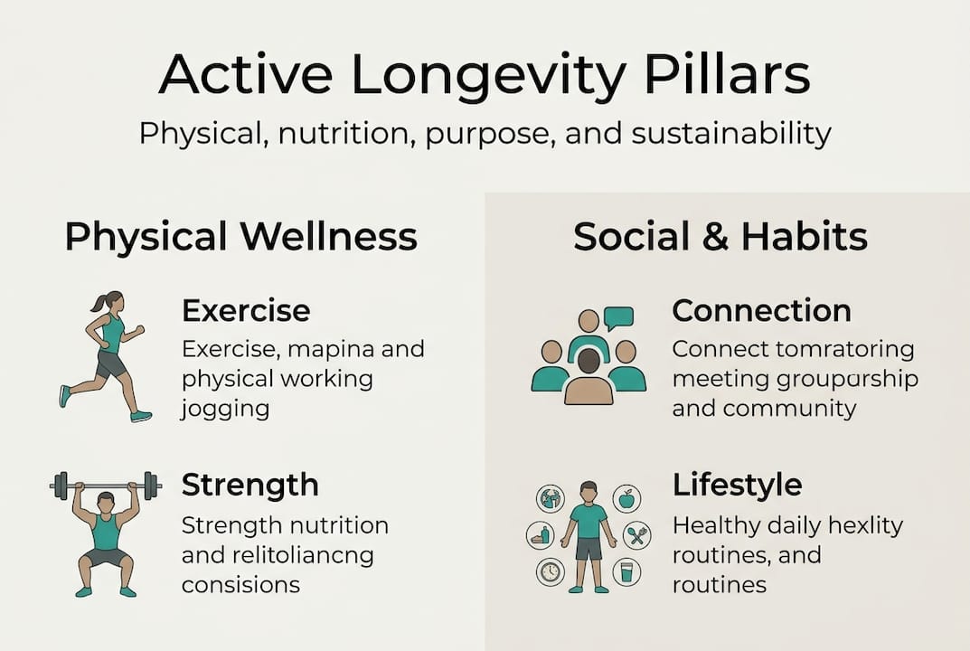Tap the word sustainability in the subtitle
730,134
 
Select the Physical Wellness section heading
240,237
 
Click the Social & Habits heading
720,237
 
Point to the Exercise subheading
246,311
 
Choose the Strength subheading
250,485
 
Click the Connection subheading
761,311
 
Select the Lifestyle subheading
737,485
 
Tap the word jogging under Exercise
225,408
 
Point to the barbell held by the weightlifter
105,486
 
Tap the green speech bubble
618,317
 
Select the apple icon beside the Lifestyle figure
626,498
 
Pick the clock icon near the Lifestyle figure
550,571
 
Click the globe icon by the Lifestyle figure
550,498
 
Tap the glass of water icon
626,571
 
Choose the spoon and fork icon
639,535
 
